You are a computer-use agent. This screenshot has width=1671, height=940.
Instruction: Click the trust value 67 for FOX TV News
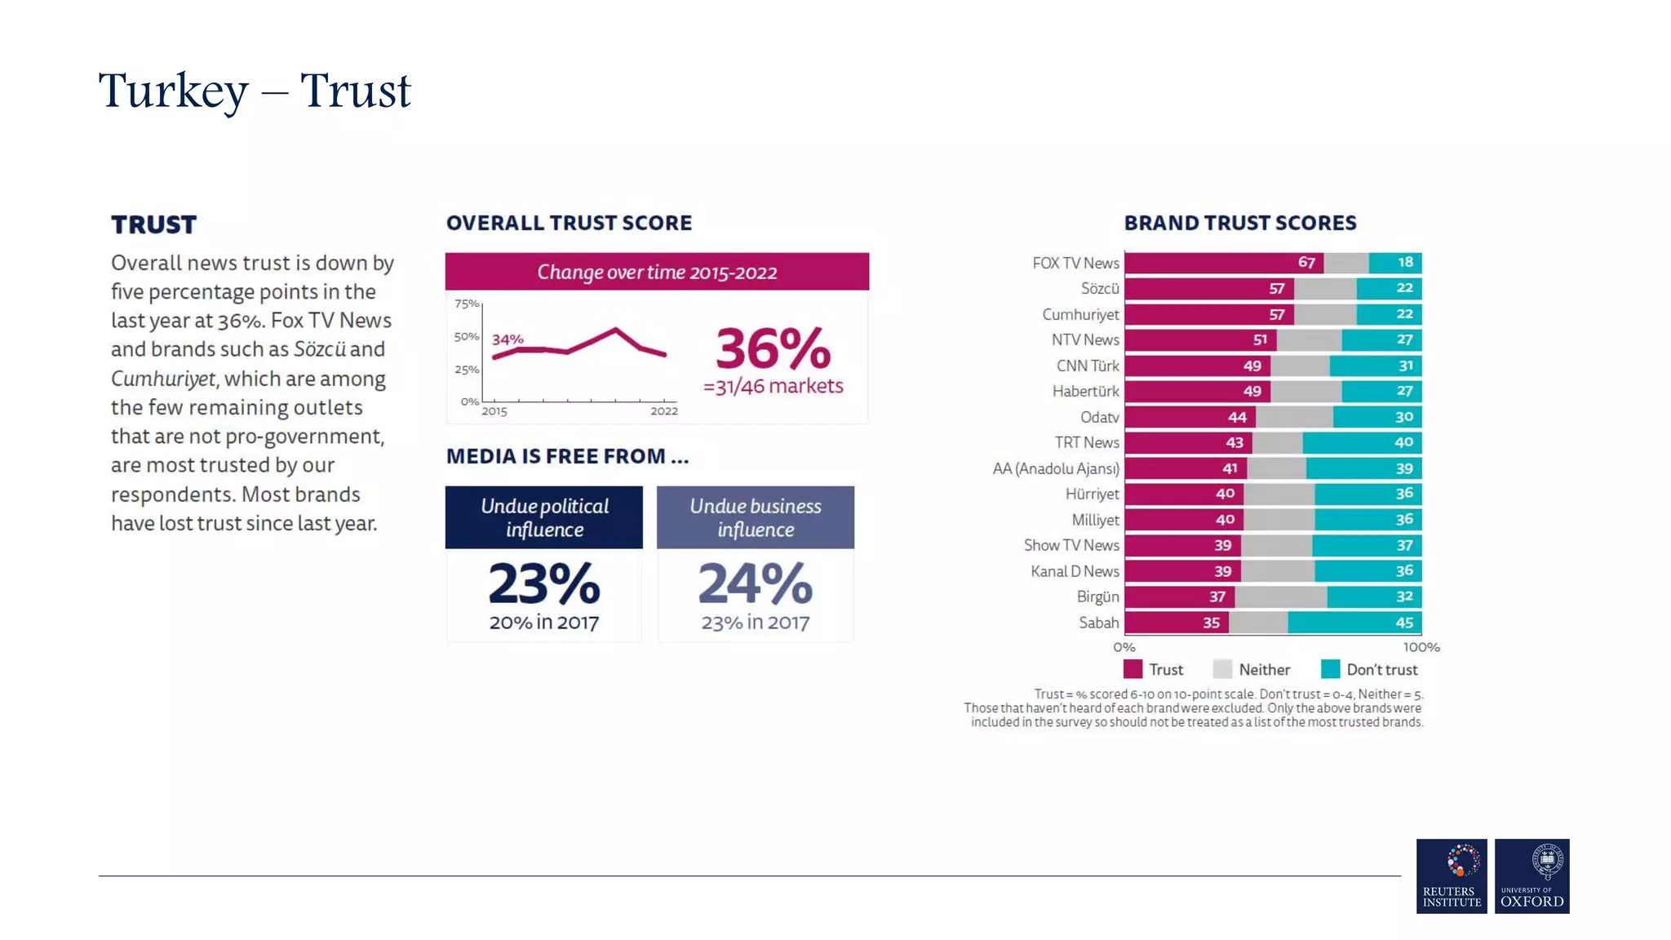(1306, 263)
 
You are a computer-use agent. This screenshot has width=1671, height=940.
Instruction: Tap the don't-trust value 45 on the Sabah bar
(1403, 623)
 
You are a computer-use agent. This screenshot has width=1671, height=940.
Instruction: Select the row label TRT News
(1086, 442)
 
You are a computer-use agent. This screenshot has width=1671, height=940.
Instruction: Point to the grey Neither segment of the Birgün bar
(1280, 596)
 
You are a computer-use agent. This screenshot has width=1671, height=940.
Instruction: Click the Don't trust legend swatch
(1330, 669)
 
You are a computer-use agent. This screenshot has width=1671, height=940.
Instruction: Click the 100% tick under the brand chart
(1421, 647)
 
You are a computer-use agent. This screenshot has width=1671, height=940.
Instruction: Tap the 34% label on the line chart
(508, 339)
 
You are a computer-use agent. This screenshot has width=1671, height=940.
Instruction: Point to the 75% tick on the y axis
(467, 304)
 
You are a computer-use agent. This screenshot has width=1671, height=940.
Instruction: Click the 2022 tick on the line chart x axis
(663, 410)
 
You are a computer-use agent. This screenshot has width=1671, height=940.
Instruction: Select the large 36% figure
(773, 349)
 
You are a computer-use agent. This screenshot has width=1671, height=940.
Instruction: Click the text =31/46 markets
(773, 386)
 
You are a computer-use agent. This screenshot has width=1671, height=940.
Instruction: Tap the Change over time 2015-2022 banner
(657, 272)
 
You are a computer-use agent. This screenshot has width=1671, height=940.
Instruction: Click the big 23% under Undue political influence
(544, 583)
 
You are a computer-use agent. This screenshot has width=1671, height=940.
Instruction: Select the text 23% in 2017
(755, 623)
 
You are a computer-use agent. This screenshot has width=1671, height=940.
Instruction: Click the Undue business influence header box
(755, 517)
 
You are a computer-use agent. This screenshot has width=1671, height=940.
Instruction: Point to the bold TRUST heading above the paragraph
(153, 224)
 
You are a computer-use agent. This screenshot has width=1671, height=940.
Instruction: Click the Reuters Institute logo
(1451, 876)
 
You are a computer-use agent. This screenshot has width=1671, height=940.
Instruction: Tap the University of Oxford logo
(1531, 876)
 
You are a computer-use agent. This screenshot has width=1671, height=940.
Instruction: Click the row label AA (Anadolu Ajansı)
(1055, 468)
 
